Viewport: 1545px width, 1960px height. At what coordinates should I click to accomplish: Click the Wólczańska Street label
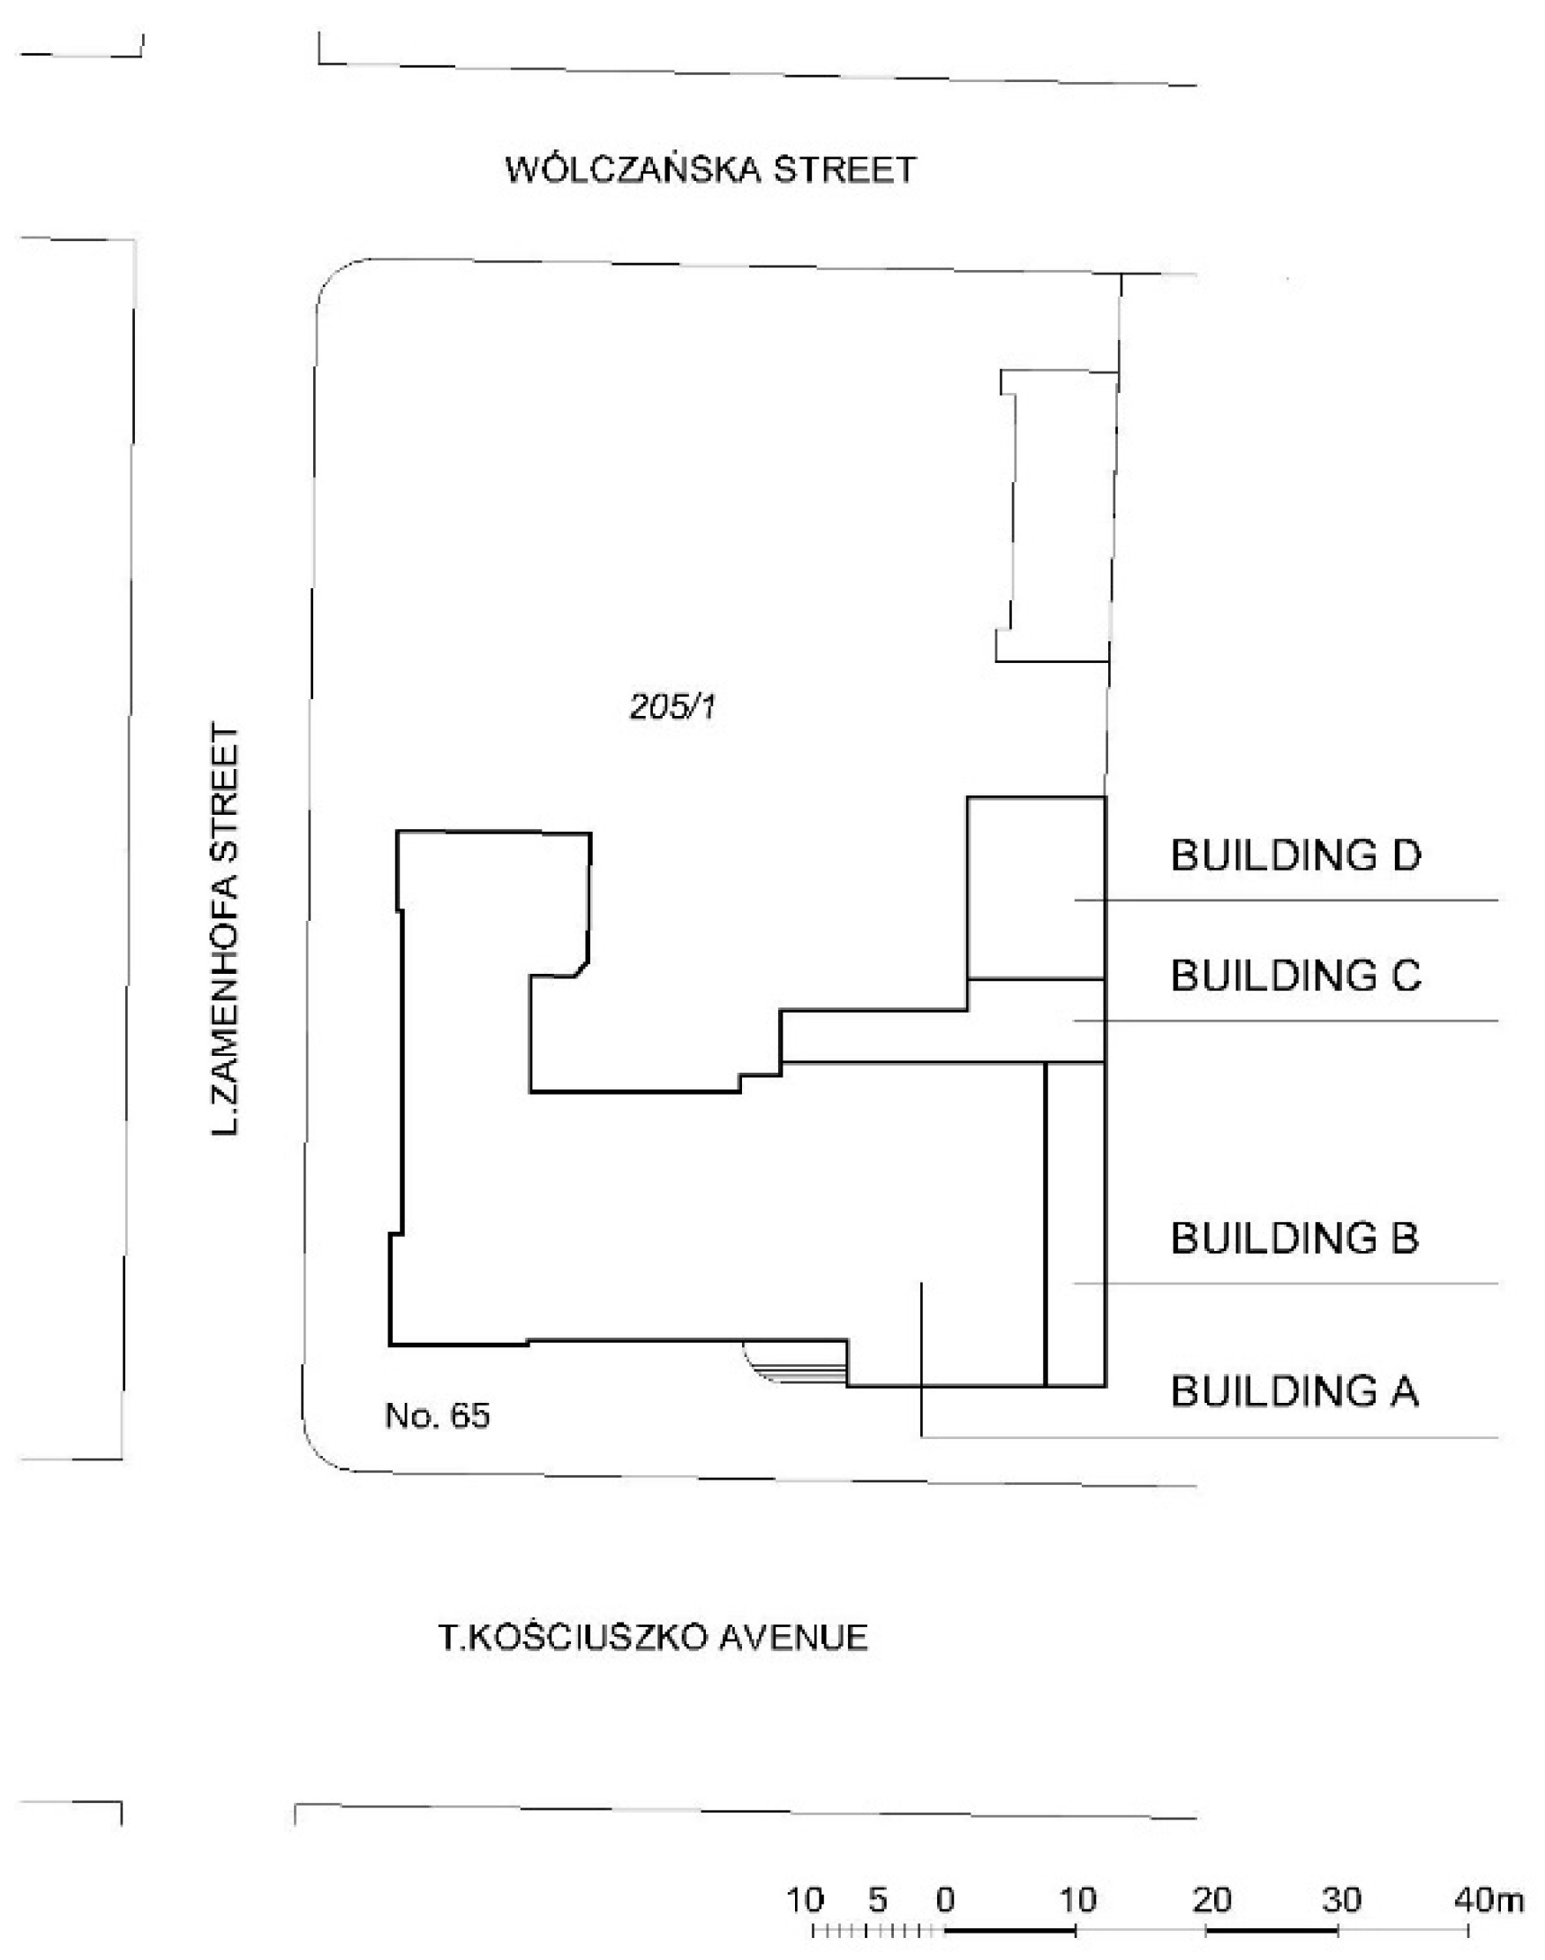click(711, 170)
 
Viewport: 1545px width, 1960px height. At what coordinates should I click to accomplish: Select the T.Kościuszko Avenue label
click(653, 1637)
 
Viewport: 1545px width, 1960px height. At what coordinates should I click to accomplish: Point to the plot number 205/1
click(672, 706)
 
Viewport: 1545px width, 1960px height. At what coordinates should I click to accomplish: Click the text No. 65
click(437, 1415)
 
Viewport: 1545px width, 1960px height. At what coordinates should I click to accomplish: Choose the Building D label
click(1295, 856)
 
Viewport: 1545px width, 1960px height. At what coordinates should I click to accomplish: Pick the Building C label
click(1295, 976)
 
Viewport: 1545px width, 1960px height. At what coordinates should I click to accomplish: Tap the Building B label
click(1294, 1238)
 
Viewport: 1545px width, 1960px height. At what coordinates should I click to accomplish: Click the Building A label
click(1294, 1391)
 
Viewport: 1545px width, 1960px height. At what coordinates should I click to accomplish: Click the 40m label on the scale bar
click(1489, 1899)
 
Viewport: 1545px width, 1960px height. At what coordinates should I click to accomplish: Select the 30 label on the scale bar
click(1341, 1899)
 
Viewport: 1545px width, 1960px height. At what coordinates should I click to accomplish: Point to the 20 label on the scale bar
click(1212, 1899)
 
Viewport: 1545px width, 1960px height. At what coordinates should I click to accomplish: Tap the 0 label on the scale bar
click(945, 1899)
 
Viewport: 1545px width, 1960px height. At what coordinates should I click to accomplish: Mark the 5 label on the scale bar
click(877, 1899)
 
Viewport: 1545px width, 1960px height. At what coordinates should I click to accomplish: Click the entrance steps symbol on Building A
click(796, 1363)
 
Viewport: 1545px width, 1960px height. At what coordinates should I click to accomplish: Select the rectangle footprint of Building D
click(1036, 886)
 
